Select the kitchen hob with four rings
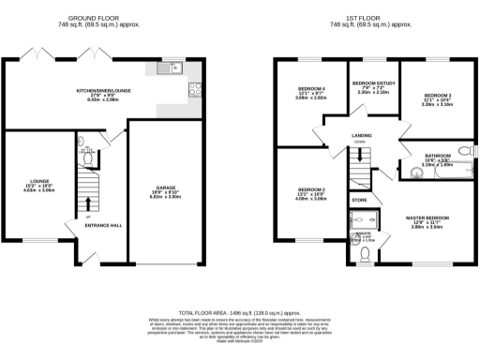click(194, 90)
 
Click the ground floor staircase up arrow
click(89, 202)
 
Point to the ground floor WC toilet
click(82, 145)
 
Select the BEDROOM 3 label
click(438, 96)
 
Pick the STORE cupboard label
click(360, 200)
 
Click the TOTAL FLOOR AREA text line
click(240, 309)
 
